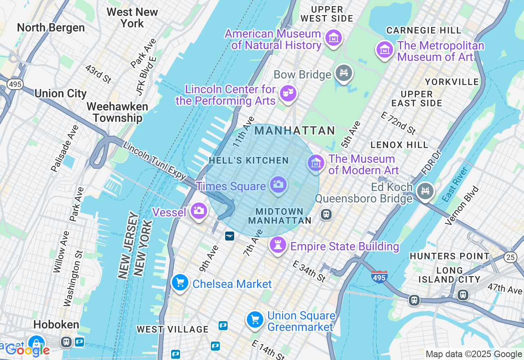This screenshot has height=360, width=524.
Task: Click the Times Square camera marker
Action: [x=278, y=184]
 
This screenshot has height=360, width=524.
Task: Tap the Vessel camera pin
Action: [x=199, y=211]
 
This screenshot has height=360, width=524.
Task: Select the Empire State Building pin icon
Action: [x=278, y=245]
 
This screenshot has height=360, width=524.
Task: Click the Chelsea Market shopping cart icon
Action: [x=180, y=282]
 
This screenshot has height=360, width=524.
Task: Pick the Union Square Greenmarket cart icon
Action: [x=255, y=319]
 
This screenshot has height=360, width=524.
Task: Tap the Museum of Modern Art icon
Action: [x=316, y=163]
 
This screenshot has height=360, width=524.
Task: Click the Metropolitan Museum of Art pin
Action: [x=384, y=50]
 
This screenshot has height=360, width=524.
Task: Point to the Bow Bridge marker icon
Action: [x=343, y=73]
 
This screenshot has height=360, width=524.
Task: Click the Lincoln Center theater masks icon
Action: [x=288, y=93]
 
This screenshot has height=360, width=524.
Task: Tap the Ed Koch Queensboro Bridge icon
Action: [x=425, y=191]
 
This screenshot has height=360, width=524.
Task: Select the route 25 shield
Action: [x=510, y=256]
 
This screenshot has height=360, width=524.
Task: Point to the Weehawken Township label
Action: [x=117, y=112]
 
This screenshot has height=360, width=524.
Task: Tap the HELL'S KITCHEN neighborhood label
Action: [x=248, y=161]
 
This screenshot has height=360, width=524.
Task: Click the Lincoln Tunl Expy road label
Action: [x=154, y=161]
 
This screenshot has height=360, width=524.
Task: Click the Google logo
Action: [x=27, y=350]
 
